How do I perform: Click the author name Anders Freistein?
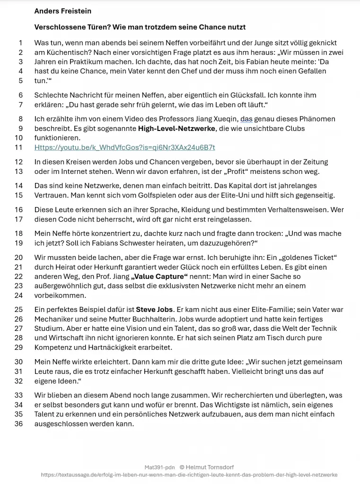point(63,11)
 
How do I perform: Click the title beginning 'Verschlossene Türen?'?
point(140,27)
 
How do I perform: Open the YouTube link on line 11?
point(124,147)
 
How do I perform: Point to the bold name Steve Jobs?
point(154,310)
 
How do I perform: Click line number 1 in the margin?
point(20,43)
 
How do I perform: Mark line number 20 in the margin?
point(19,258)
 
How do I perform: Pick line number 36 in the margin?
point(19,424)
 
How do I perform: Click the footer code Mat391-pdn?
point(159,467)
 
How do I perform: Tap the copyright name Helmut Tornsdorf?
point(210,467)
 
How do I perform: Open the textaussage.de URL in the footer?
point(189,475)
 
